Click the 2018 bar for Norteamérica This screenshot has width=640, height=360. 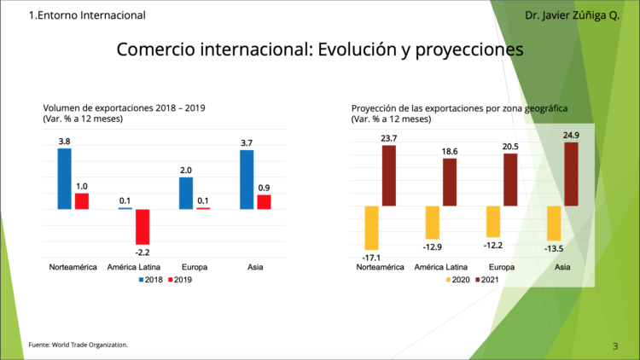(64, 178)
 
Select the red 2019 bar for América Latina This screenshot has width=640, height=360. (143, 227)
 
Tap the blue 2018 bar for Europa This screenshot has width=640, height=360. (186, 193)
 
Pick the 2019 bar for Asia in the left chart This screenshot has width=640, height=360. (265, 202)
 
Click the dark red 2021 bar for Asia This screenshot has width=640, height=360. (572, 174)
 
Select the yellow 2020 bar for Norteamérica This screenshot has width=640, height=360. (371, 227)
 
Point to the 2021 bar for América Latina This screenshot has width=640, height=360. (450, 182)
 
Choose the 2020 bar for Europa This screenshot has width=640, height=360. (493, 222)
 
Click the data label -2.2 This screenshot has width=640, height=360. (143, 252)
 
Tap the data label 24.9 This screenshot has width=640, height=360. (572, 135)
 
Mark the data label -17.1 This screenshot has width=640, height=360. (371, 256)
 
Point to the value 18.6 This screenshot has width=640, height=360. (450, 151)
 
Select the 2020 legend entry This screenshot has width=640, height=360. (456, 280)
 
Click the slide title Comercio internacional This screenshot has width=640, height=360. (319, 50)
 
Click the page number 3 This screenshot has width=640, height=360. (615, 345)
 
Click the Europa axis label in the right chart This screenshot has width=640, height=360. (501, 267)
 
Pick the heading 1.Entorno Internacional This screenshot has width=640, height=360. (87, 15)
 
